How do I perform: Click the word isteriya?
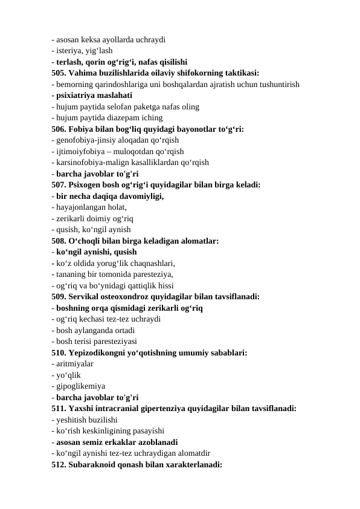click(x=68, y=51)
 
